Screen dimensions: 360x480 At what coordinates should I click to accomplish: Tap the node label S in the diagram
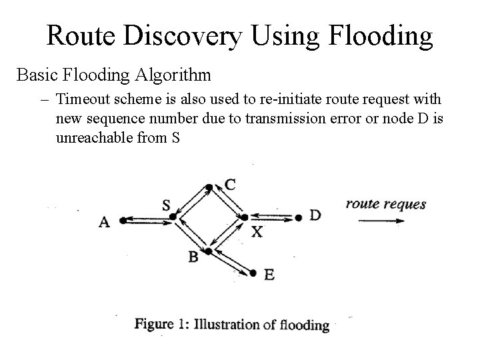pos(166,205)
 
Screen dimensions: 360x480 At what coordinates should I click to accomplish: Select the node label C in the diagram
pos(229,185)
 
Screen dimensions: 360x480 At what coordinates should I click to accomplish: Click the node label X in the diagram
pos(257,232)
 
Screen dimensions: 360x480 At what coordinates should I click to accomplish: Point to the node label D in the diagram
pos(315,215)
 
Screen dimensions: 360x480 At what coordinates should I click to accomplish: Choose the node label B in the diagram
pos(193,257)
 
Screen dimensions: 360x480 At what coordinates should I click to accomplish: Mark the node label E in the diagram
pos(269,274)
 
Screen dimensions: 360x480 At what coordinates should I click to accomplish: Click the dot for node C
pos(209,187)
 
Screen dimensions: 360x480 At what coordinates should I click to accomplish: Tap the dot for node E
pos(253,272)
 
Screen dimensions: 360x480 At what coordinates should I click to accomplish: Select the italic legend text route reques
pos(385,204)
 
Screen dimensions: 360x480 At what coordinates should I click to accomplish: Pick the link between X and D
pos(271,217)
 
